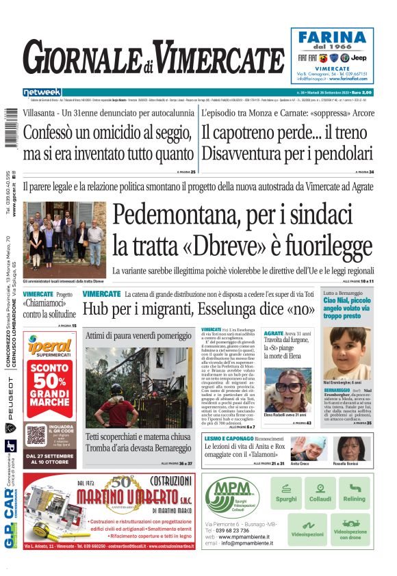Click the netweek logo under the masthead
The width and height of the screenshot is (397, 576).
pyautogui.click(x=42, y=92)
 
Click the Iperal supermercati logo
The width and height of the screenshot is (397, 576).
pyautogui.click(x=49, y=348)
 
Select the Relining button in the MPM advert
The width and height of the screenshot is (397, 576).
pyautogui.click(x=354, y=493)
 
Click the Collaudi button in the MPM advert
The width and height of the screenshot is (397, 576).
pyautogui.click(x=320, y=493)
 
